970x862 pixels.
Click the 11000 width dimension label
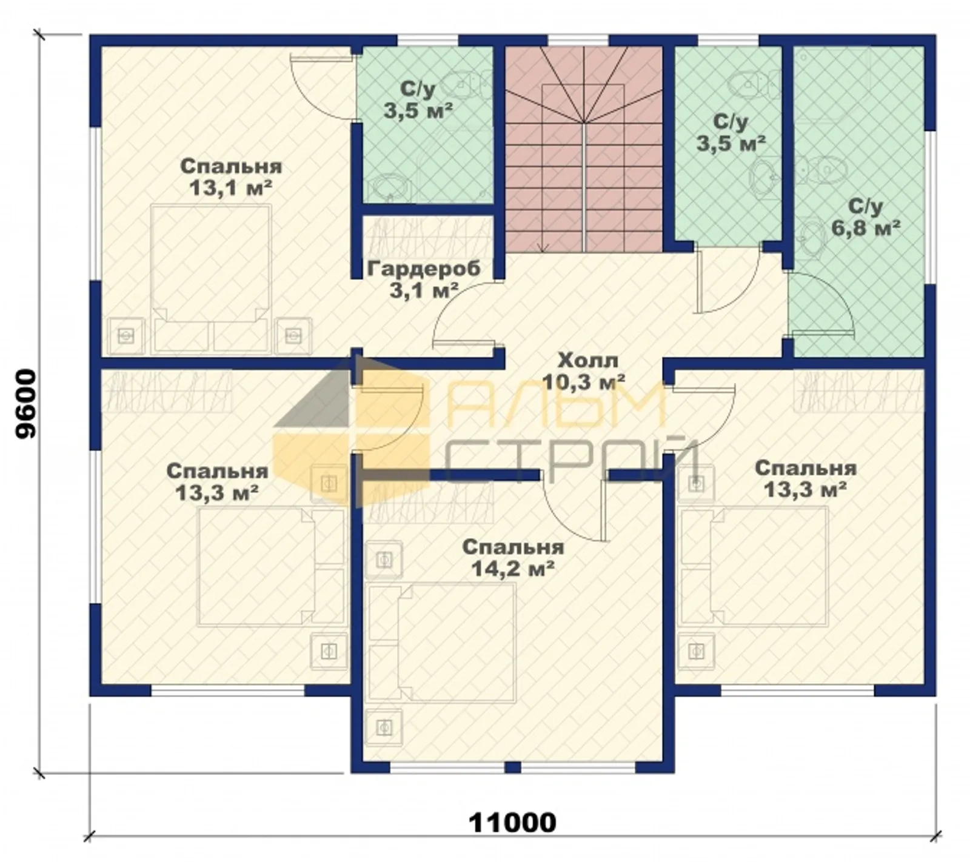(512, 823)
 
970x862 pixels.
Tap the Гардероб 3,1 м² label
(424, 279)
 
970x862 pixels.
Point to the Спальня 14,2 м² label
(513, 558)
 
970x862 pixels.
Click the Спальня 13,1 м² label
(231, 176)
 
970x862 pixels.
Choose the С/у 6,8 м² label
(865, 216)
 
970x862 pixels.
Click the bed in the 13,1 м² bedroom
(210, 279)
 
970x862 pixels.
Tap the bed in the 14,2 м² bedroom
(442, 643)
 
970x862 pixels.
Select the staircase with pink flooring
(583, 149)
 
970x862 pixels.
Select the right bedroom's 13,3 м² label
(805, 478)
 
